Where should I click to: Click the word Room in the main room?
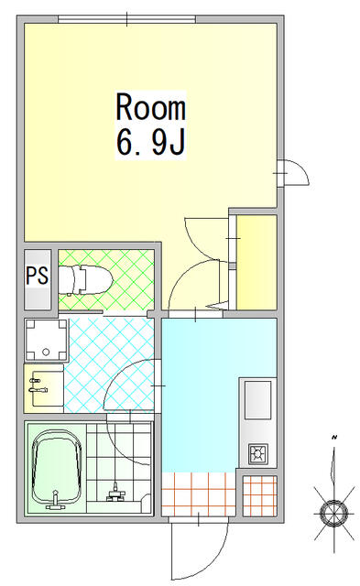click(x=150, y=108)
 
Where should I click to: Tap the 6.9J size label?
click(x=150, y=143)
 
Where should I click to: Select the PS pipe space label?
click(x=37, y=275)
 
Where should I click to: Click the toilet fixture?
click(x=85, y=279)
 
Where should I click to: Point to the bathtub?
click(x=57, y=467)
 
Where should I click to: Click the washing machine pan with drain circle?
click(x=46, y=340)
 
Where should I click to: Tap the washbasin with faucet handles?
click(x=44, y=388)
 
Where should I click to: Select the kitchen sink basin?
click(x=258, y=400)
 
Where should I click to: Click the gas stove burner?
click(x=258, y=454)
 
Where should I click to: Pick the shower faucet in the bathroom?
click(x=116, y=493)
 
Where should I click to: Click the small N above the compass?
click(x=333, y=437)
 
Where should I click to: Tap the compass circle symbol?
click(x=333, y=512)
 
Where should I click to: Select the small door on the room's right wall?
click(x=294, y=172)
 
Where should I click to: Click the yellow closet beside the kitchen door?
click(x=256, y=263)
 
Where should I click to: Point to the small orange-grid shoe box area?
click(x=260, y=496)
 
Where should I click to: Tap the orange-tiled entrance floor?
click(x=199, y=494)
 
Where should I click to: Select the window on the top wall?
click(x=126, y=19)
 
